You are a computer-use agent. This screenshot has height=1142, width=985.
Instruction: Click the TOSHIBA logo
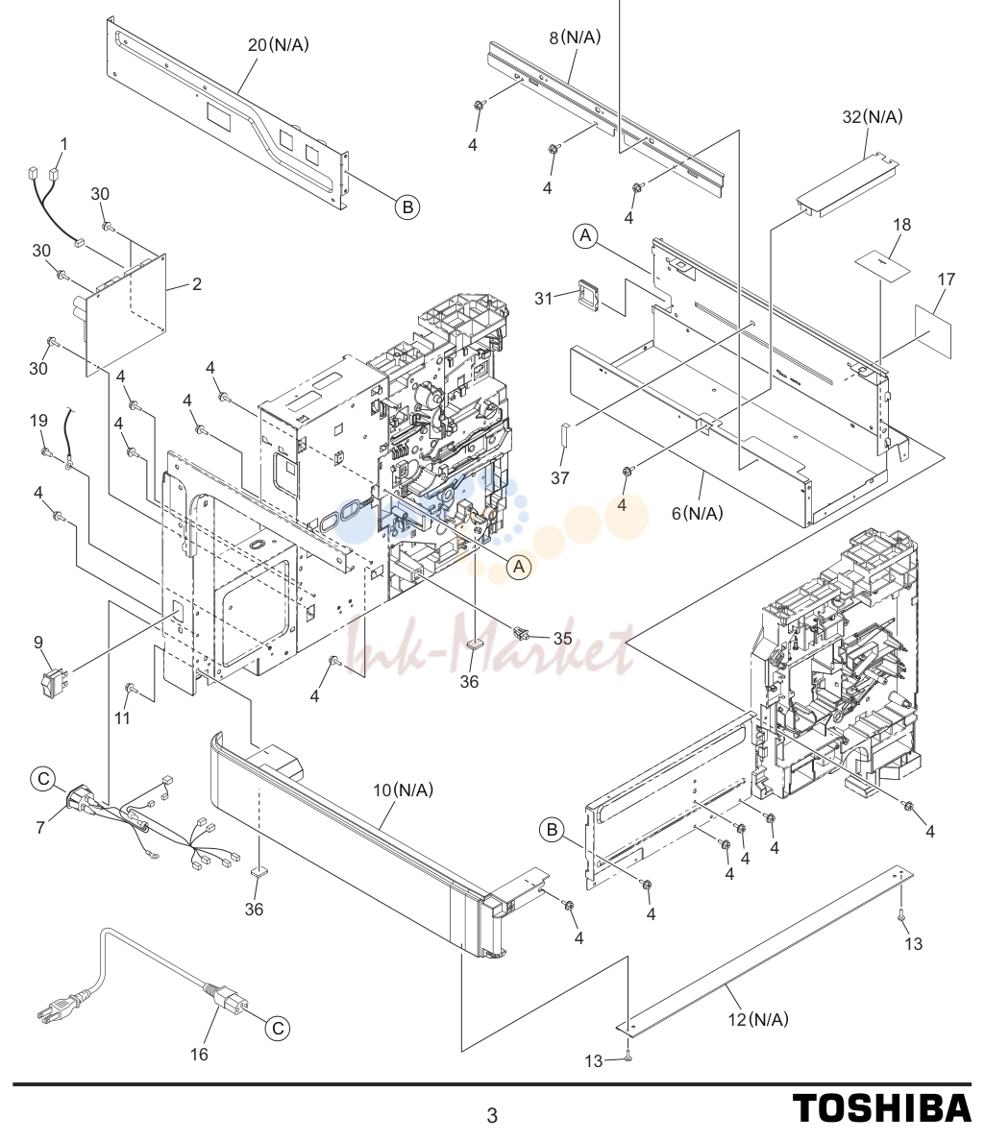[x=881, y=1108]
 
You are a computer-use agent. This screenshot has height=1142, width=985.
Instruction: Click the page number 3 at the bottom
[x=492, y=1115]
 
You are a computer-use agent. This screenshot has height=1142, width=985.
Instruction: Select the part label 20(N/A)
[x=279, y=45]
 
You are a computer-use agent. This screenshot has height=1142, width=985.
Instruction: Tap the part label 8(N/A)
[x=575, y=37]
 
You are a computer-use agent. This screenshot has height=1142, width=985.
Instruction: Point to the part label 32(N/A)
[x=872, y=116]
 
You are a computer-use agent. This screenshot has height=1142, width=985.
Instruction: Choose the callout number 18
[x=902, y=225]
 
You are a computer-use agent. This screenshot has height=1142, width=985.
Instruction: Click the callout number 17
[x=946, y=279]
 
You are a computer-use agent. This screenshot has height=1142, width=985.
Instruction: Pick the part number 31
[x=544, y=298]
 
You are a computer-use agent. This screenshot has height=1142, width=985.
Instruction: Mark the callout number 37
[x=559, y=477]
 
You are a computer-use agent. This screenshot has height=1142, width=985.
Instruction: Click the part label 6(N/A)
[x=698, y=514]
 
